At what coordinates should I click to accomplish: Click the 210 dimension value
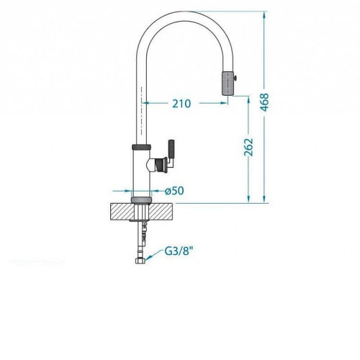click(181, 104)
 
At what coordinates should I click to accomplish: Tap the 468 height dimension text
click(265, 102)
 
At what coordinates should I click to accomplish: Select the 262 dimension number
click(248, 147)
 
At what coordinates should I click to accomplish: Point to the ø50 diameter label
click(174, 191)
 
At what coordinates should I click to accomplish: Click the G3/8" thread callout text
click(179, 251)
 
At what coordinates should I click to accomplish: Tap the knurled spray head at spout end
click(228, 83)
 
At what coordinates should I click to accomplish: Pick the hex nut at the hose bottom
click(140, 261)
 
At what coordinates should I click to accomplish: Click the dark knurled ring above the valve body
click(141, 146)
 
